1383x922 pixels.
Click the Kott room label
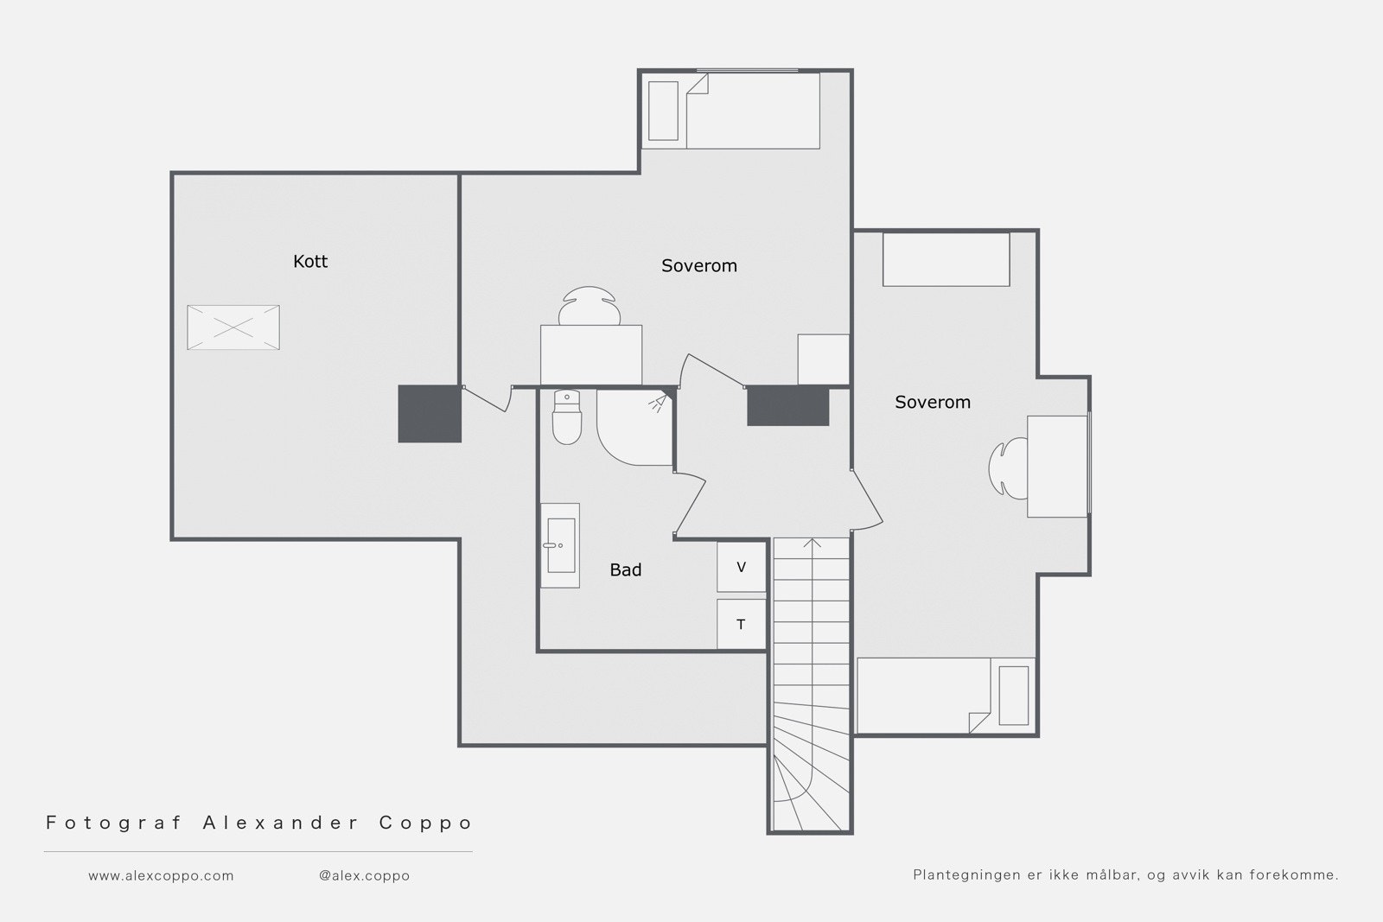click(310, 262)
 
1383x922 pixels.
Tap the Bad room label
click(626, 570)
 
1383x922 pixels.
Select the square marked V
click(741, 567)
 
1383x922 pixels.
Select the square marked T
click(741, 624)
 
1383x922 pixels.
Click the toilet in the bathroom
click(567, 417)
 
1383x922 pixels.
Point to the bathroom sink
click(561, 545)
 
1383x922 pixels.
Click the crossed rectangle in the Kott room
click(233, 327)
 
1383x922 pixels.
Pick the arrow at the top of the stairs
click(812, 544)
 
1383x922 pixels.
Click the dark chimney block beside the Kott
click(430, 414)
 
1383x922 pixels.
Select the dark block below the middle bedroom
click(787, 406)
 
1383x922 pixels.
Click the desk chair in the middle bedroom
click(589, 306)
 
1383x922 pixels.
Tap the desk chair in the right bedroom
click(1008, 467)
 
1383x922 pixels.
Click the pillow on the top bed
click(663, 111)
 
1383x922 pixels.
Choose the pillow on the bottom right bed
click(1014, 696)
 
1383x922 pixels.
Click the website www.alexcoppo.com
click(161, 875)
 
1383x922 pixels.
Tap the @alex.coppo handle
click(364, 875)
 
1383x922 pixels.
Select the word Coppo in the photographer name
click(425, 823)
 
